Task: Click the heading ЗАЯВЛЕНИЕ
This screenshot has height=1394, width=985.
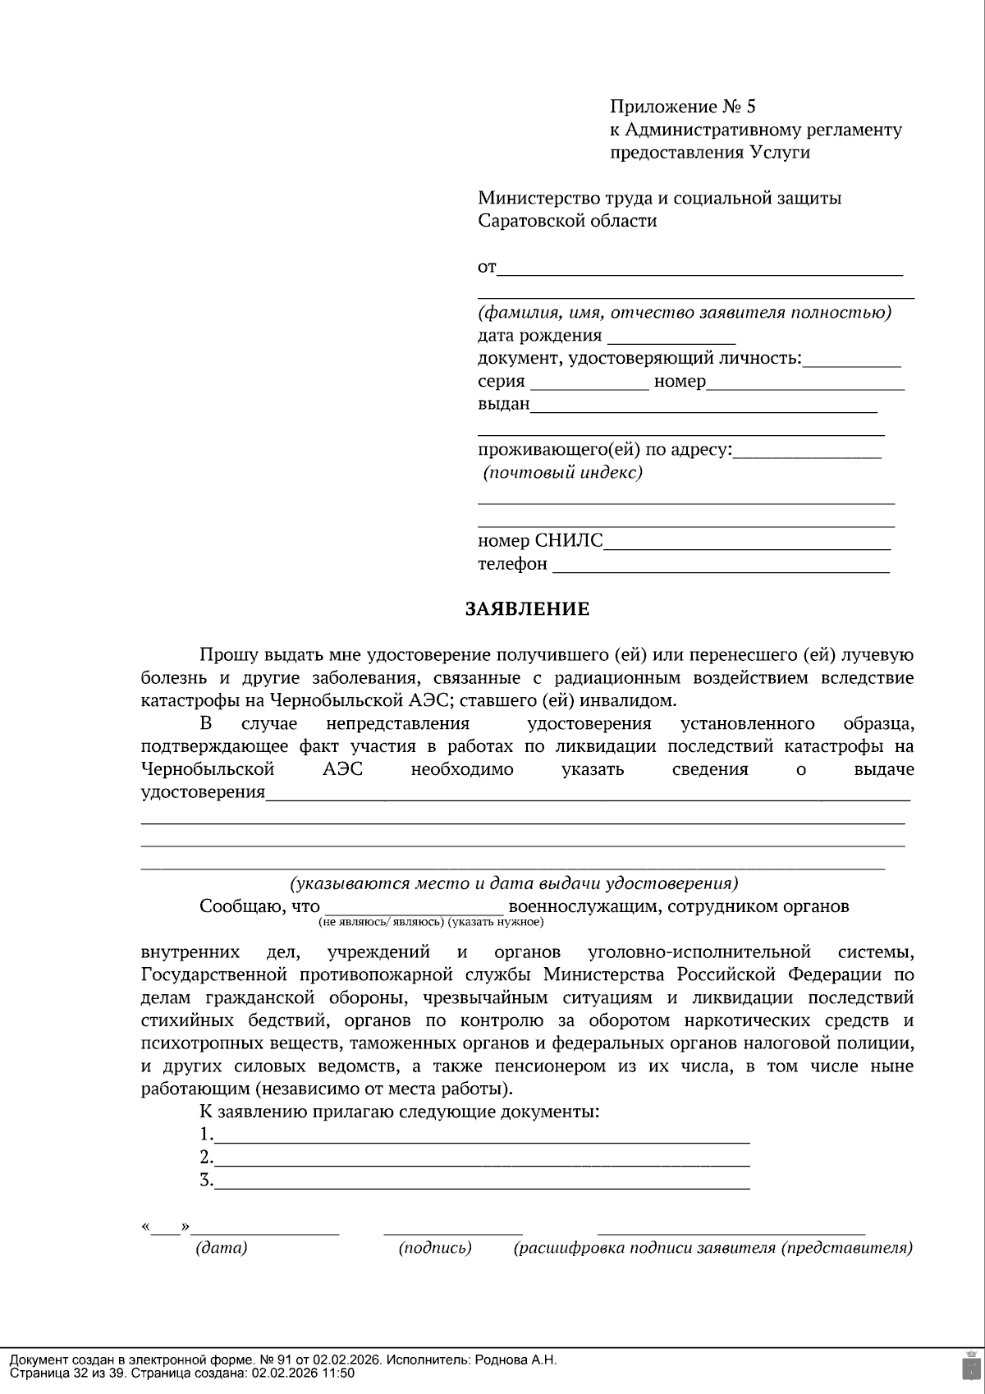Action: point(527,609)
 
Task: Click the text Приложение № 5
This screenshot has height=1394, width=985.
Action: point(682,107)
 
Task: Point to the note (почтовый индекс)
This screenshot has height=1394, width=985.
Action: point(562,473)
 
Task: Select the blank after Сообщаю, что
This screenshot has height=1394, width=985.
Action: point(415,909)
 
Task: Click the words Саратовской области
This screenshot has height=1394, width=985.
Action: point(567,221)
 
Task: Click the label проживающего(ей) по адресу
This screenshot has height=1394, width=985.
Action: point(604,450)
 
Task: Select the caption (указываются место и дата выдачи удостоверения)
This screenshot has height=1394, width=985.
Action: point(514,883)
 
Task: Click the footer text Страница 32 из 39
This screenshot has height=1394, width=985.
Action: point(66,1373)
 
